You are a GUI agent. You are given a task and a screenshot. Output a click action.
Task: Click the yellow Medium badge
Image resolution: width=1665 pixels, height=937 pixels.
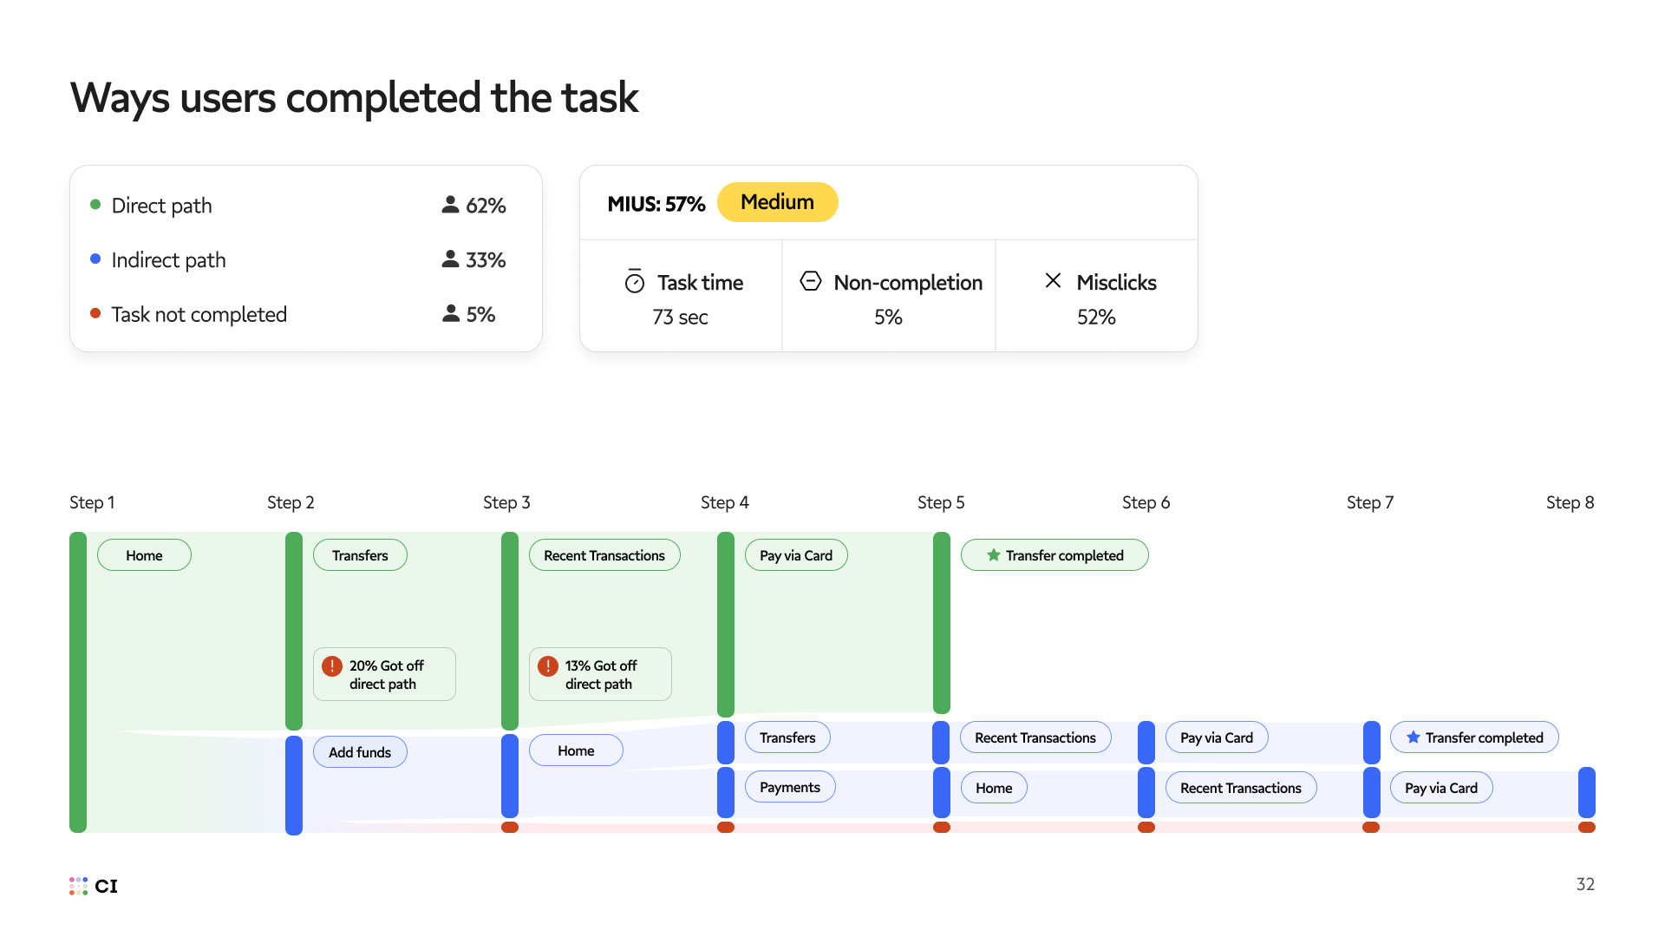click(777, 202)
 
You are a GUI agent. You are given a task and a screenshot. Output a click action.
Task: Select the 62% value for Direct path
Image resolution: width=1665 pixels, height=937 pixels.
click(486, 206)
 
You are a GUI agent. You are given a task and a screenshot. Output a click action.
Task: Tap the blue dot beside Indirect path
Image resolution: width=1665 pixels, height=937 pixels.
click(95, 259)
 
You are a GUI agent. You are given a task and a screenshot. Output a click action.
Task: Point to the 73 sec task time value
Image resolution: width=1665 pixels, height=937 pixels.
click(680, 318)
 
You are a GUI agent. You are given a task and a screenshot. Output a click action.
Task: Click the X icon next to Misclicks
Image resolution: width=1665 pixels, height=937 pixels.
click(1053, 281)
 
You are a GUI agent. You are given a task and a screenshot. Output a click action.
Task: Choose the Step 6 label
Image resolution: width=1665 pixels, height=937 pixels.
click(1146, 502)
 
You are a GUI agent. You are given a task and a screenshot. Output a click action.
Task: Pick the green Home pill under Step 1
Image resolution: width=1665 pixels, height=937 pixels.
click(144, 555)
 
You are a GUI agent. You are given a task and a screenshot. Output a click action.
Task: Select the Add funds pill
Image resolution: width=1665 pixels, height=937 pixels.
click(360, 752)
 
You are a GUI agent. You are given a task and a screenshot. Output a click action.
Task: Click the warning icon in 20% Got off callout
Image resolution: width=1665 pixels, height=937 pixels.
click(332, 666)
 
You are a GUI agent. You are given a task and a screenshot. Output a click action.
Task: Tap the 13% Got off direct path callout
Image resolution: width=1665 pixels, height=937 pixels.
click(600, 674)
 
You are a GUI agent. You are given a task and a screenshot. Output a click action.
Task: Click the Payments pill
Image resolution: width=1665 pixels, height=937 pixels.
click(790, 787)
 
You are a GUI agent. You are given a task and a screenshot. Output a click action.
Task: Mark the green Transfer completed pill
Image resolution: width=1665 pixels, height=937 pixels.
click(1054, 555)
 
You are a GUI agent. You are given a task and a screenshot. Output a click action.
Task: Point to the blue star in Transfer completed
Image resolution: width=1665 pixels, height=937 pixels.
click(1414, 737)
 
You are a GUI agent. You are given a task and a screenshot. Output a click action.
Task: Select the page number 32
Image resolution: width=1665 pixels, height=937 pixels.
click(1585, 884)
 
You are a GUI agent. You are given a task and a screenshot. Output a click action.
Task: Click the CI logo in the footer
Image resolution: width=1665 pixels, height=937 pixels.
click(94, 886)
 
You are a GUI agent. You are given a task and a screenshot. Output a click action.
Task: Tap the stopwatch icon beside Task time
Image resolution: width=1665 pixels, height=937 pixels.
click(635, 282)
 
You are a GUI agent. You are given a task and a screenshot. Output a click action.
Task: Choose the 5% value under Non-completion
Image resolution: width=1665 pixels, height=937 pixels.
click(888, 318)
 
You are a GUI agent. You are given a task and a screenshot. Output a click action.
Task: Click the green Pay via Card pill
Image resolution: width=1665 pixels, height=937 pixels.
click(796, 555)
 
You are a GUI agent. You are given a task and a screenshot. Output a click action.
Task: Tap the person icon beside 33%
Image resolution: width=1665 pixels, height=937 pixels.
click(450, 259)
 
